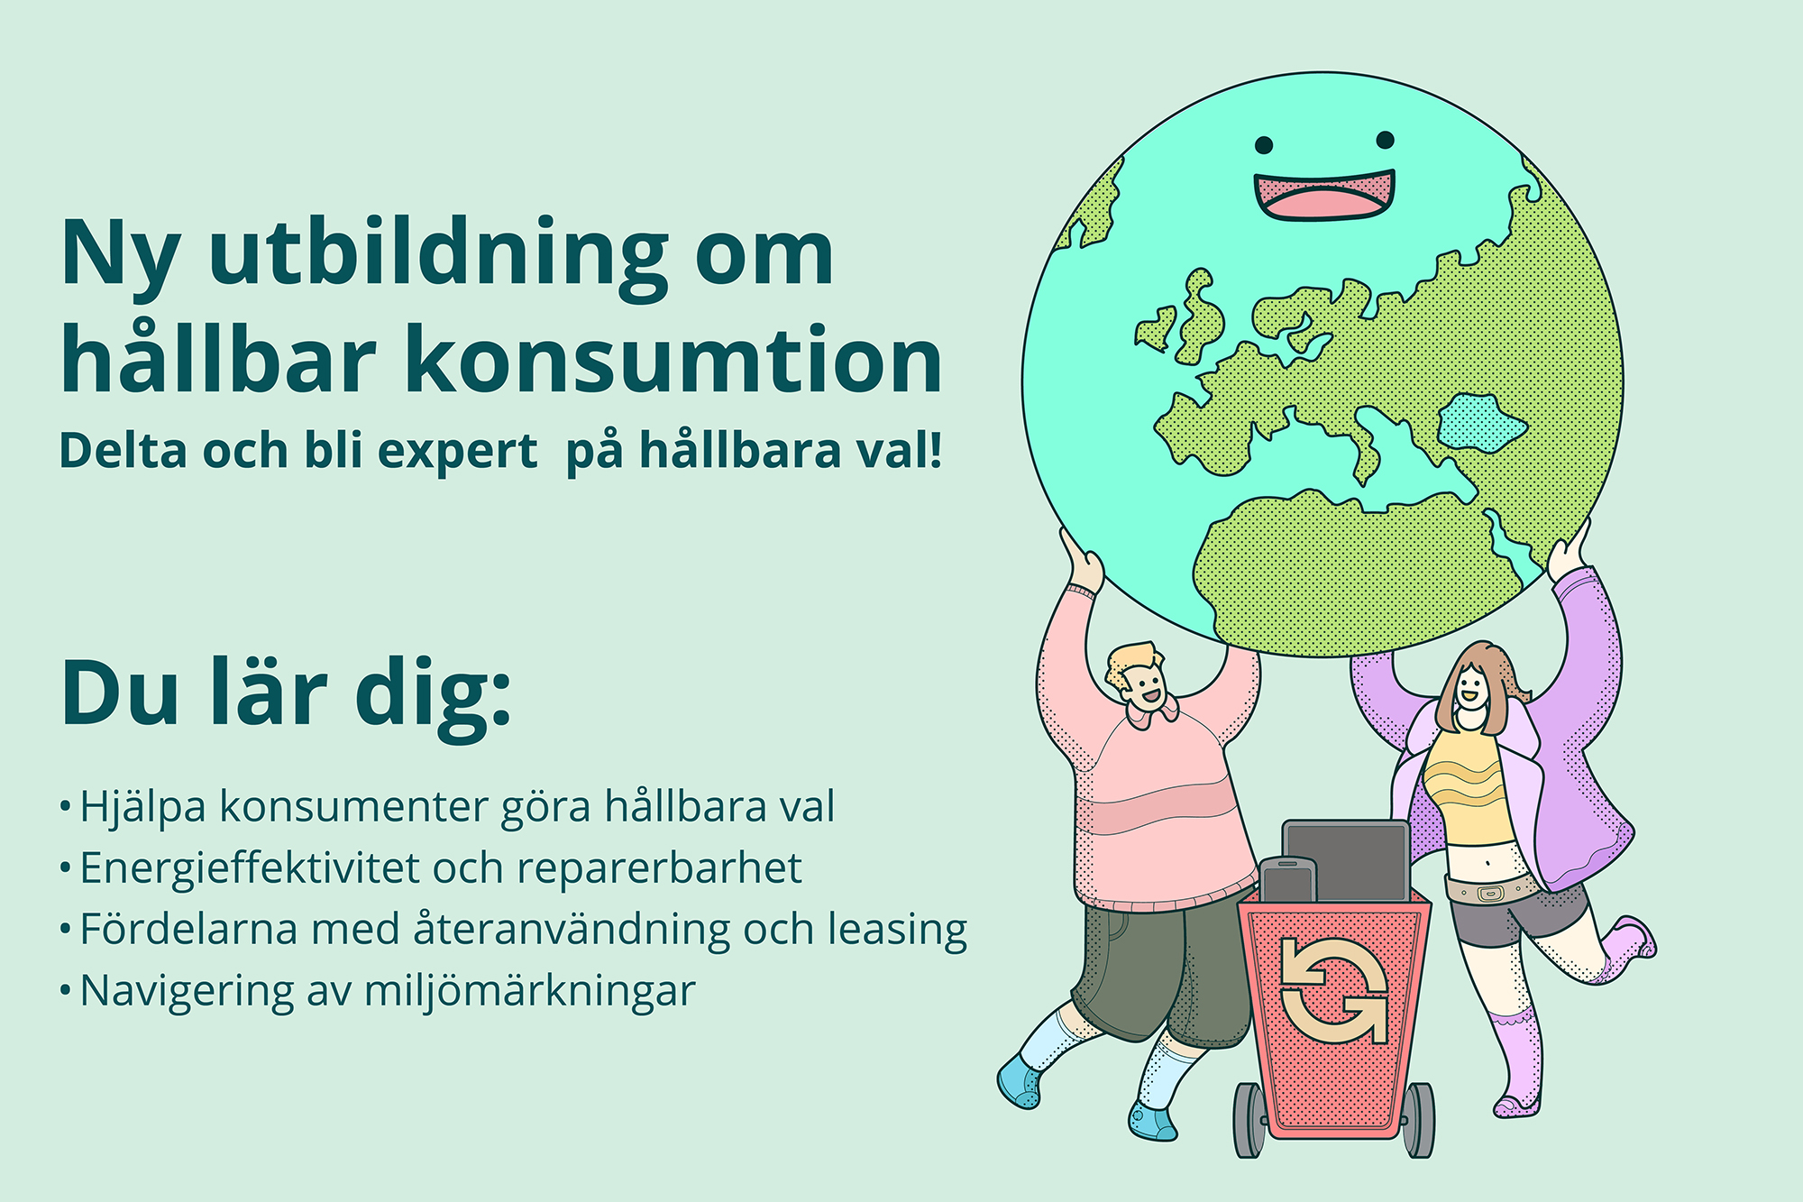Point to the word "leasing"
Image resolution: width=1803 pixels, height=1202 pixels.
pos(897,930)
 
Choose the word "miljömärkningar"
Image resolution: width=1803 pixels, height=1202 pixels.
pos(530,991)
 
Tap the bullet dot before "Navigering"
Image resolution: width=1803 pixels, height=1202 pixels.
pos(65,991)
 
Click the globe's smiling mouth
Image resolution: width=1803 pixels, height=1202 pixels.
pos(1323,195)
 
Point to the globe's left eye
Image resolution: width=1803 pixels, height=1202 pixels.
pos(1264,144)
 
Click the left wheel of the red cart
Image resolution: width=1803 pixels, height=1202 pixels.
pos(1249,1120)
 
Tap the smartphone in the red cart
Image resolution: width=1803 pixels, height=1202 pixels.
pos(1287,880)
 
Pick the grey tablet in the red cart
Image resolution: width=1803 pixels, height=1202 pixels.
pos(1347,860)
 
